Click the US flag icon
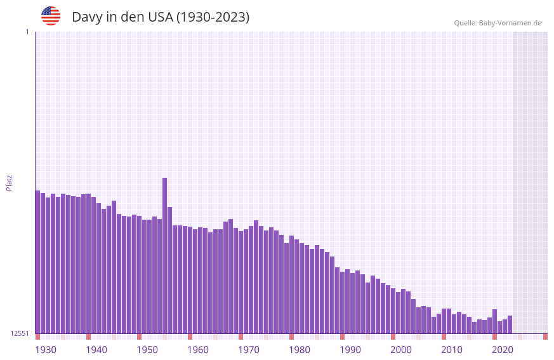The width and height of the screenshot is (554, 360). pyautogui.click(x=51, y=16)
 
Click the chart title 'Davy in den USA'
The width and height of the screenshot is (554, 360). pyautogui.click(x=121, y=17)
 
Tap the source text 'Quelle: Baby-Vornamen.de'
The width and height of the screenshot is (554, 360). pyautogui.click(x=498, y=23)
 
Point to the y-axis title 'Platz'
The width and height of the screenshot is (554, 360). pyautogui.click(x=9, y=182)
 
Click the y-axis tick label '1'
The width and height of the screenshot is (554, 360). pyautogui.click(x=27, y=32)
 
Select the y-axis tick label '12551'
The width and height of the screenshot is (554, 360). pyautogui.click(x=20, y=333)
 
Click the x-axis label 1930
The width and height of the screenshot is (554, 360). pyautogui.click(x=46, y=350)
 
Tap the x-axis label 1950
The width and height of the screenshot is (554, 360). pyautogui.click(x=147, y=350)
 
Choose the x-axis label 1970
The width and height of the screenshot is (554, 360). pyautogui.click(x=249, y=350)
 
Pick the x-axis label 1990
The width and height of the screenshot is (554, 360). pyautogui.click(x=350, y=350)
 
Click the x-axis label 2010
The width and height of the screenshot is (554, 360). pyautogui.click(x=452, y=350)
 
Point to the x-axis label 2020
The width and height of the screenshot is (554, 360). pyautogui.click(x=503, y=350)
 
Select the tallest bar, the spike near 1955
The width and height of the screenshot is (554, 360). pyautogui.click(x=164, y=254)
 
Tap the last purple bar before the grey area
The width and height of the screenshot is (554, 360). pyautogui.click(x=510, y=324)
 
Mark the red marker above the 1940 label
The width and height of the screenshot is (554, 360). pyautogui.click(x=88, y=337)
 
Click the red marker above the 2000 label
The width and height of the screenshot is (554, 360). pyautogui.click(x=393, y=337)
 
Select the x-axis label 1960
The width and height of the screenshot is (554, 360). pyautogui.click(x=198, y=350)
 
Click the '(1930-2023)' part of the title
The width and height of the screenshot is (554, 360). pyautogui.click(x=213, y=17)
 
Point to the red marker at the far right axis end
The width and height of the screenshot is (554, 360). pyautogui.click(x=545, y=337)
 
